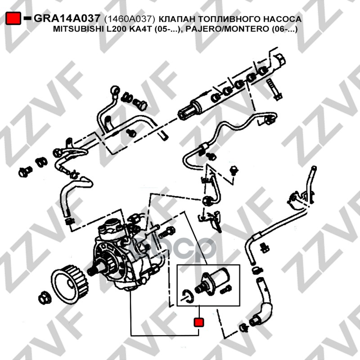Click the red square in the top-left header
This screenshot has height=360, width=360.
(13, 18)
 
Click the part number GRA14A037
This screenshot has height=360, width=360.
(67, 18)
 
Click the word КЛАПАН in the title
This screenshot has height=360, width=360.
(177, 19)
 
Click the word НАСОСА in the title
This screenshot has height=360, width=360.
(282, 19)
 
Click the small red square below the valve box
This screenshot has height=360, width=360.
(199, 322)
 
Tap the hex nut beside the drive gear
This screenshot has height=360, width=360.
(45, 298)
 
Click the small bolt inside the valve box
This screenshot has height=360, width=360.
(226, 289)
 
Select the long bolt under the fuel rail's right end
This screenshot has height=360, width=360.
(274, 90)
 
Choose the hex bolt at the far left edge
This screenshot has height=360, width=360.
(25, 171)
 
